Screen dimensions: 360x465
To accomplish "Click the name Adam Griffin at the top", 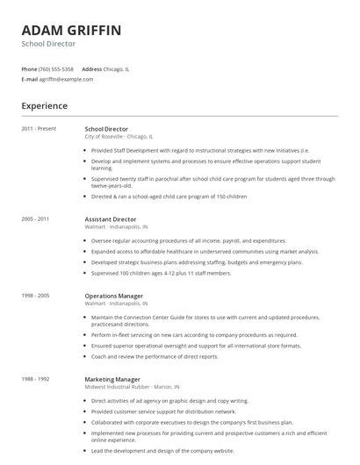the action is pos(71,30).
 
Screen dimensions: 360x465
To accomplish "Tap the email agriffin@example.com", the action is pos(66,79).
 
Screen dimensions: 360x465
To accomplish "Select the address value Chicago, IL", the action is pos(116,68).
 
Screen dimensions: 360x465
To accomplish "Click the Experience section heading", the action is pos(44,106).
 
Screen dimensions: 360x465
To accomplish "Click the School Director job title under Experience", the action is pos(106,129).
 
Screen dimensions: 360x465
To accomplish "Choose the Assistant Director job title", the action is pos(111,218).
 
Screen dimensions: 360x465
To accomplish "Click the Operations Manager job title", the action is pos(114,296).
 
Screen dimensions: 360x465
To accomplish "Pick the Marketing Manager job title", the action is pos(112,378).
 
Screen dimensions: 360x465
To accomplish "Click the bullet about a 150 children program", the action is pos(169,197).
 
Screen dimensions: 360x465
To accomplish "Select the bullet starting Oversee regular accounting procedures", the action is pos(188,240).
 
